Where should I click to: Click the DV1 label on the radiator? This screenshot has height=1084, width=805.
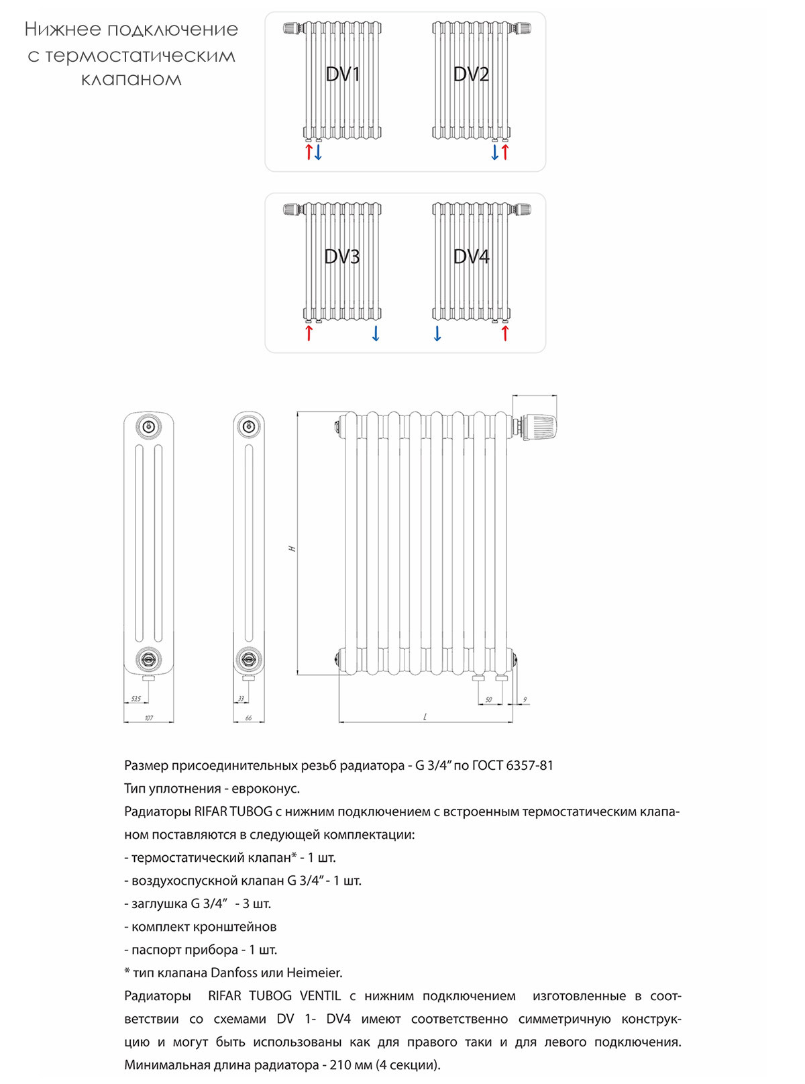point(343,75)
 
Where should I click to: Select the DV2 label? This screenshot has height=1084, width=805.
point(471,75)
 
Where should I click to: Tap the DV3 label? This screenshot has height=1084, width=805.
point(342,256)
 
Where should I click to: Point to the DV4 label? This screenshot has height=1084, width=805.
point(471,256)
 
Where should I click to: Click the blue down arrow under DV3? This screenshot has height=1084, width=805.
point(376,333)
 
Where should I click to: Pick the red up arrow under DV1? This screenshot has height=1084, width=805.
point(309,152)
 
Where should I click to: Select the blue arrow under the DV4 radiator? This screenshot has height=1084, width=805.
point(437,333)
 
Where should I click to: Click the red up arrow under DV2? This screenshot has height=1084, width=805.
point(505,152)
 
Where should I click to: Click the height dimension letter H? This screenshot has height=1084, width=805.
point(292,549)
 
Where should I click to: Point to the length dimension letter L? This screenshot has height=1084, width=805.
point(425,717)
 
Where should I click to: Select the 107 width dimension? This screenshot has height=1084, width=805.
point(149,718)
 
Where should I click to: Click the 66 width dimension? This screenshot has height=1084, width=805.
point(248,718)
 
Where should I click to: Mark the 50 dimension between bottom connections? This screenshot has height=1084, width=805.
point(488,700)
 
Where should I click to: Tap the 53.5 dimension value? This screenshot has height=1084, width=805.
point(136,699)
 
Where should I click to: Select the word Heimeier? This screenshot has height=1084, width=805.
point(314,973)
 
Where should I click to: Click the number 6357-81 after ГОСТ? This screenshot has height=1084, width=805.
point(529,765)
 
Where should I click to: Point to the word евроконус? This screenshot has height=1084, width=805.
point(265,789)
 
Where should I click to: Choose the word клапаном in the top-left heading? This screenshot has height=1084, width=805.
point(131,80)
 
